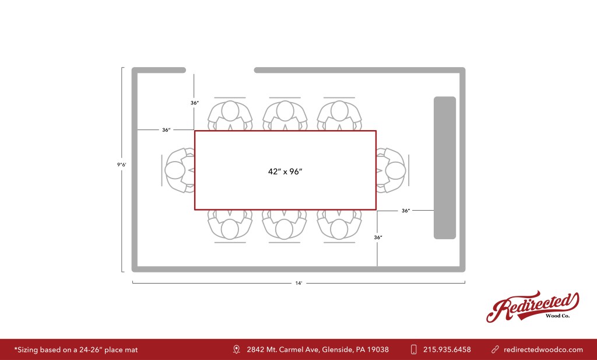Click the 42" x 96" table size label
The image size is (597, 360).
285,172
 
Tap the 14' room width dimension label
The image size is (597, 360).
298,283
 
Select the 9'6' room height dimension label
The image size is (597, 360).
121,165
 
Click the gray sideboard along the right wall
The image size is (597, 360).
444,167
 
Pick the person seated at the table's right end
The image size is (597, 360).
393,170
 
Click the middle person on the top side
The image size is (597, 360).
285,113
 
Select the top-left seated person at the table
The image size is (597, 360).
230,113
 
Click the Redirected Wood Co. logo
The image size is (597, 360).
532,306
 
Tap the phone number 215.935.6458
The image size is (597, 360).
447,349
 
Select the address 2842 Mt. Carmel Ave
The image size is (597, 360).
317,349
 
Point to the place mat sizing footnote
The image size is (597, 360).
76,349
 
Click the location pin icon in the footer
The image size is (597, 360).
236,349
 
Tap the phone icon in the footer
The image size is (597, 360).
413,349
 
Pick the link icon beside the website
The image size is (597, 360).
495,349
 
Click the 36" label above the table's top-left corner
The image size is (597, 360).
195,103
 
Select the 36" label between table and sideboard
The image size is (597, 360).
406,211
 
